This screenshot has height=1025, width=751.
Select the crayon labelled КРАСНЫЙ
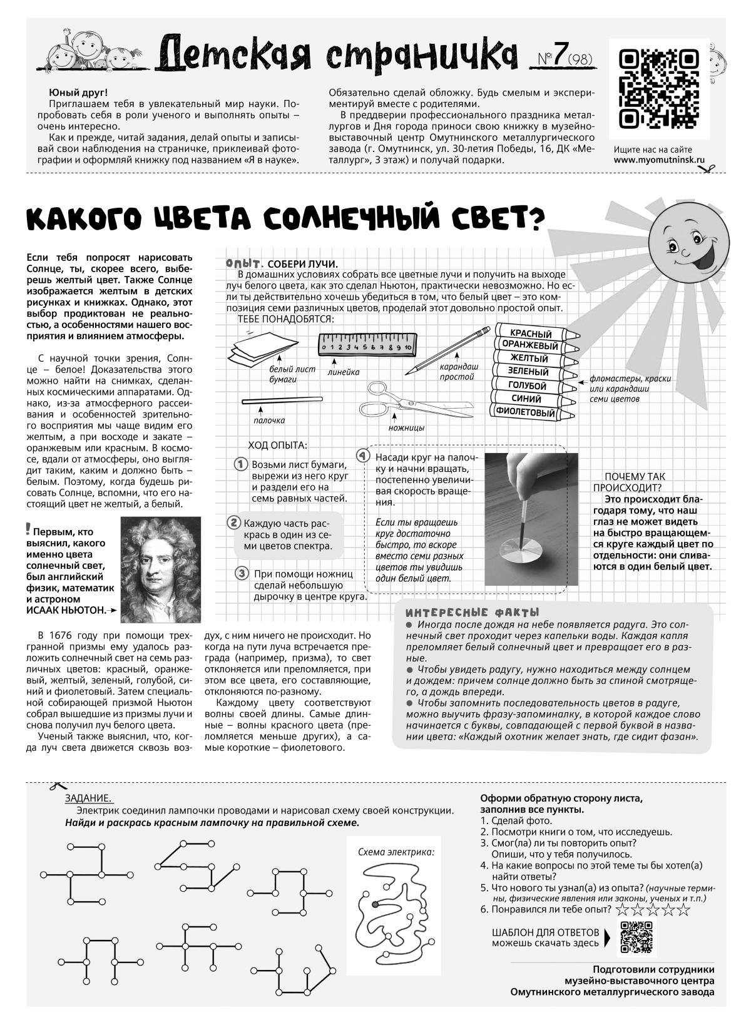(x=531, y=334)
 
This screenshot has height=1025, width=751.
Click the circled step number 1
(x=239, y=464)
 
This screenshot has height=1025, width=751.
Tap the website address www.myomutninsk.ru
(x=659, y=160)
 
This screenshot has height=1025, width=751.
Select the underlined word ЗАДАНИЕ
(x=88, y=798)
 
